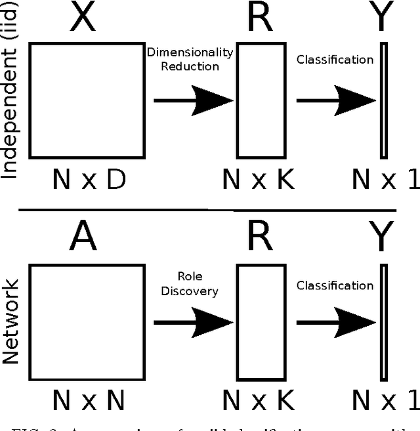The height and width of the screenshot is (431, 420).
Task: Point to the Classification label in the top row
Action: (x=335, y=60)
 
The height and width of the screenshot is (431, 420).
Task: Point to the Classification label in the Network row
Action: (x=335, y=285)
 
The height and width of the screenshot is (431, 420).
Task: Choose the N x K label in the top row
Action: (x=258, y=179)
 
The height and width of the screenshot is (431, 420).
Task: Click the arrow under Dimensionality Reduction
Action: (x=194, y=100)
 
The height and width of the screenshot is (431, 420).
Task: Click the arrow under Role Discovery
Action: (x=194, y=322)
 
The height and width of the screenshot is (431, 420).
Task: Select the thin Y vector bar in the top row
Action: (x=383, y=100)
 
